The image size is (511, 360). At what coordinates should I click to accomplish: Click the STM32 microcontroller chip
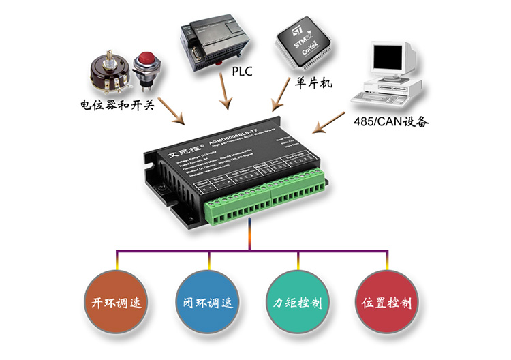pos(302,43)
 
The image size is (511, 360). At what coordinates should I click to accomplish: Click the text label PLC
pos(242,71)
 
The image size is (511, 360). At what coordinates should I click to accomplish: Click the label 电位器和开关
pos(117,105)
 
